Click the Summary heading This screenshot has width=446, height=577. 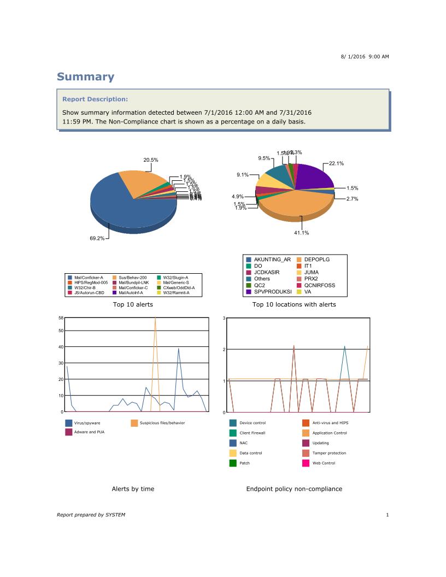[x=86, y=77]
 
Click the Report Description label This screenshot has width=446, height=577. [x=95, y=99]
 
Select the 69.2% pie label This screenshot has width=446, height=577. [x=97, y=239]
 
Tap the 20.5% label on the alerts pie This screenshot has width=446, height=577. [x=151, y=160]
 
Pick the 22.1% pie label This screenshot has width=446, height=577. [x=336, y=163]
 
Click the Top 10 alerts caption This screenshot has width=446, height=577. [x=133, y=304]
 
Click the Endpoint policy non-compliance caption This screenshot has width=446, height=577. [x=294, y=489]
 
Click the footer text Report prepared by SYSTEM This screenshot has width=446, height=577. [x=91, y=515]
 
